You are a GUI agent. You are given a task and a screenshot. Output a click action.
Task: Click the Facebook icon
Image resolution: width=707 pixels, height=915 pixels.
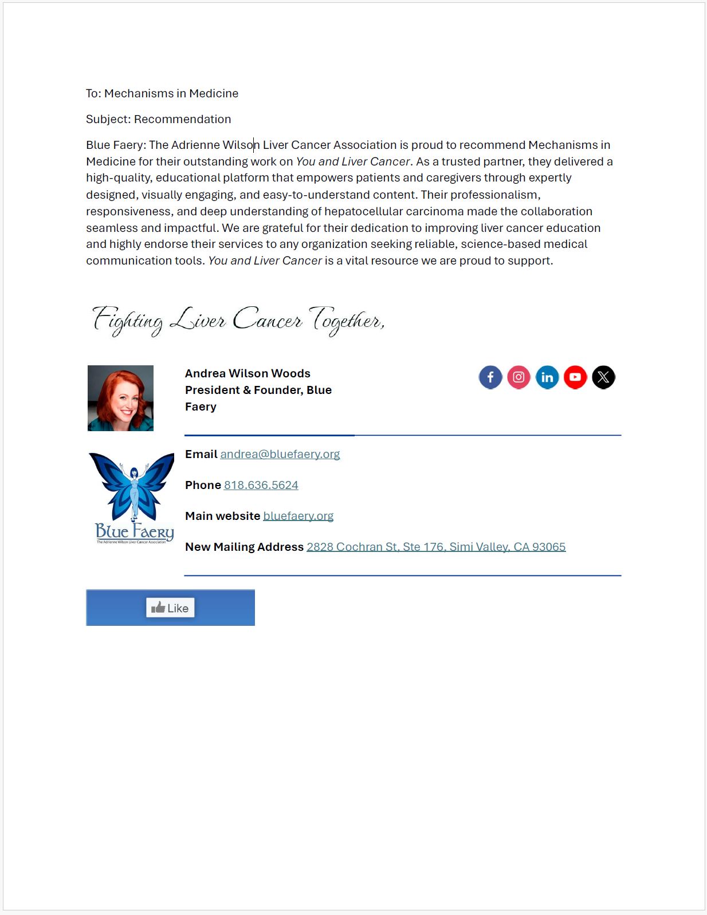point(490,377)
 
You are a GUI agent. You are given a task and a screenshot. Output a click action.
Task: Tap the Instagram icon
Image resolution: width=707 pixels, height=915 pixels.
point(519,377)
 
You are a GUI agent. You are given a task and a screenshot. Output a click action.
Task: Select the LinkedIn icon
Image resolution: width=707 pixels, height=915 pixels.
point(547,377)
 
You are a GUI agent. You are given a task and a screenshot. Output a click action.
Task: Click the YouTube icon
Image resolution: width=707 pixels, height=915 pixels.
point(575,377)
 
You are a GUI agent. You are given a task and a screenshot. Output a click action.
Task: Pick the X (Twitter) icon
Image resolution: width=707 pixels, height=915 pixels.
point(603,377)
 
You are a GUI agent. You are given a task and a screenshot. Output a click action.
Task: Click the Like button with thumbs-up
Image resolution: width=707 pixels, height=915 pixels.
point(170,608)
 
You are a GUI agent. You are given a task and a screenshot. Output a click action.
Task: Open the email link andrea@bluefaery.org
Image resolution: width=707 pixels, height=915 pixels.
point(280,454)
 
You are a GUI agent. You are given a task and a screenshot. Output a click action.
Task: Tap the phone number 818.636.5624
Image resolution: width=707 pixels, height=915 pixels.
point(261,485)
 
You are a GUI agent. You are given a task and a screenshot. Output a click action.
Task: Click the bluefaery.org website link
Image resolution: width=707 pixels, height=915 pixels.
point(298,516)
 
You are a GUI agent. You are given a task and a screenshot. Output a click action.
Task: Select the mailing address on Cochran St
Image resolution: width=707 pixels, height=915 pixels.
point(435,547)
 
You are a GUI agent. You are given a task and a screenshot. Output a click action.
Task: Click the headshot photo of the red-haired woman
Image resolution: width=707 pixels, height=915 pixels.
point(120,398)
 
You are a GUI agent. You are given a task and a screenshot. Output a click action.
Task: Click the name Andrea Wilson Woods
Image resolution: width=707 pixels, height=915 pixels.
point(248,373)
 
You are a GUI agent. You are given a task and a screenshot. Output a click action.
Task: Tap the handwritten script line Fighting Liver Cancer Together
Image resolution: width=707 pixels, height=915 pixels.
point(238,321)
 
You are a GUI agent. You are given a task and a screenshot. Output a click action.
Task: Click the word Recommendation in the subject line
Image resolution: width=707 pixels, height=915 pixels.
point(182,119)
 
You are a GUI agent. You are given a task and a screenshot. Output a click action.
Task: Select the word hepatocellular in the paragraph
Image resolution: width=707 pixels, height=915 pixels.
point(364,211)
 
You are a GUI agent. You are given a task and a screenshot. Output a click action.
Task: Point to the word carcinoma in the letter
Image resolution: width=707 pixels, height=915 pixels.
point(434,211)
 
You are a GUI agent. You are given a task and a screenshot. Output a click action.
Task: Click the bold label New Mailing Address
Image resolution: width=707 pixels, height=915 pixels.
point(244,547)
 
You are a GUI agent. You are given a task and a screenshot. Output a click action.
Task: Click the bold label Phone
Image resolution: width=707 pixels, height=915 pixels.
point(203,485)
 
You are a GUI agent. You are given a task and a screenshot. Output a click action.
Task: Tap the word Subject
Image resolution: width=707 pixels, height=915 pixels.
point(108,119)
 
